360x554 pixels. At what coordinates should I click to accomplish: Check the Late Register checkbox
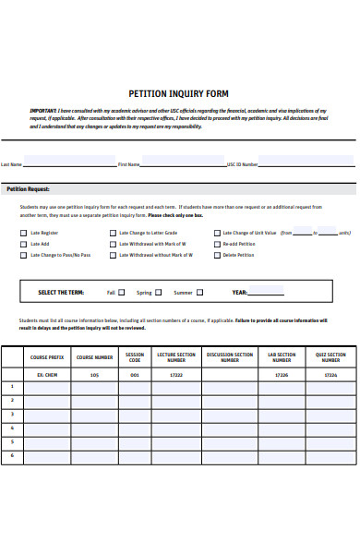pyautogui.click(x=24, y=234)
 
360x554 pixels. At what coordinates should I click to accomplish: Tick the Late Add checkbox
pyautogui.click(x=24, y=245)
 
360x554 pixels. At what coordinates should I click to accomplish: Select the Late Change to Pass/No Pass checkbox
pyautogui.click(x=24, y=255)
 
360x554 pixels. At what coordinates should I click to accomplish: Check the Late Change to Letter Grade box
pyautogui.click(x=114, y=234)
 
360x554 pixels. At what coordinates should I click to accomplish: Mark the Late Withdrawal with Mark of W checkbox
pyautogui.click(x=114, y=245)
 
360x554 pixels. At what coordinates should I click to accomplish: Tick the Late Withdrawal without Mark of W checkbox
pyautogui.click(x=114, y=255)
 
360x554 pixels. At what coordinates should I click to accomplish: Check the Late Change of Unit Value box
pyautogui.click(x=217, y=234)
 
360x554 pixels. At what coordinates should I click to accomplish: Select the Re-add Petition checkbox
pyautogui.click(x=217, y=245)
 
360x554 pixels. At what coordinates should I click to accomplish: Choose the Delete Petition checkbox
pyautogui.click(x=217, y=255)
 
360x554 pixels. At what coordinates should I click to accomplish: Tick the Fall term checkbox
pyautogui.click(x=123, y=293)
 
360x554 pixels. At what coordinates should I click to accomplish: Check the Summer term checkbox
pyautogui.click(x=200, y=293)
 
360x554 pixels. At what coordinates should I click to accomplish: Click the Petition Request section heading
pyautogui.click(x=29, y=188)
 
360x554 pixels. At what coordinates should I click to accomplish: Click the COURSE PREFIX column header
pyautogui.click(x=47, y=356)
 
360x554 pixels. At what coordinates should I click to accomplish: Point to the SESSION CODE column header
pyautogui.click(x=135, y=356)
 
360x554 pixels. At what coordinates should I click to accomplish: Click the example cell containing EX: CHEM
pyautogui.click(x=47, y=375)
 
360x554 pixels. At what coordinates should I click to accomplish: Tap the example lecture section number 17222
pyautogui.click(x=176, y=375)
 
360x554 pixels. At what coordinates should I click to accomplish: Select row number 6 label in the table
pyautogui.click(x=12, y=456)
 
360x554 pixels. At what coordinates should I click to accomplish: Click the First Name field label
pyautogui.click(x=128, y=164)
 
